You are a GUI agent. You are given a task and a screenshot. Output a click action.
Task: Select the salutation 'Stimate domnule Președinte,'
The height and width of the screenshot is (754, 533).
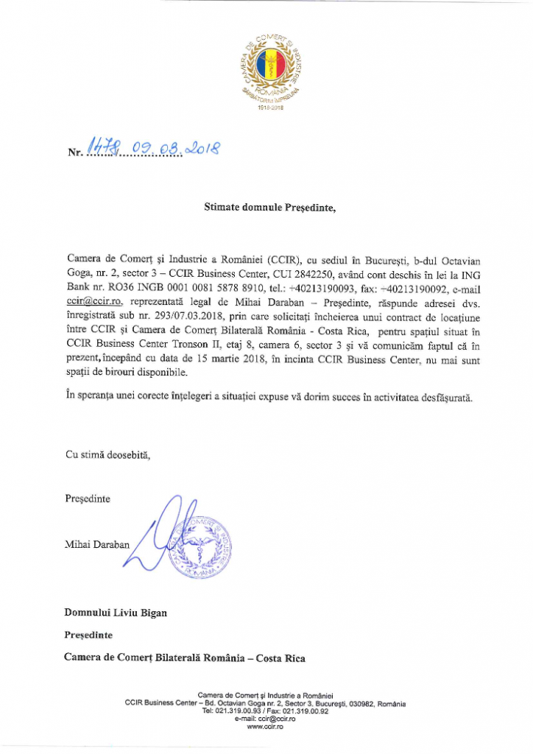(269, 208)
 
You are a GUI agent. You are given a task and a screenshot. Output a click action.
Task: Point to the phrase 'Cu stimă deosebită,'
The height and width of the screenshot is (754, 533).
(108, 455)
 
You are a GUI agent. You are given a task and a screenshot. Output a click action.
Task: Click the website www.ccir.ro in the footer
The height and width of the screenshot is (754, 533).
(266, 727)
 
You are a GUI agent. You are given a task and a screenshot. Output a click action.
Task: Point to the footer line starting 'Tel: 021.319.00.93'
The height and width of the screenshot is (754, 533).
(266, 711)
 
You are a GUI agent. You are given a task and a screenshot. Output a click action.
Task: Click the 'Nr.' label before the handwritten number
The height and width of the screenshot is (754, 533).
(74, 153)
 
